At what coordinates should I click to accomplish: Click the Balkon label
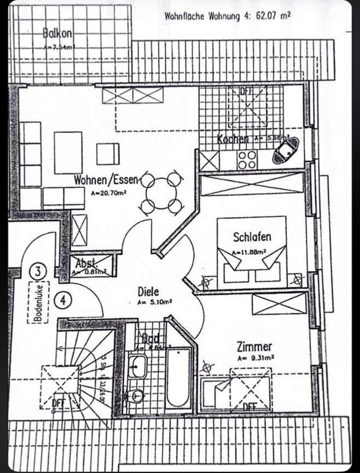click(x=58, y=34)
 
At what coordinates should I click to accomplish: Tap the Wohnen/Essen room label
click(x=107, y=179)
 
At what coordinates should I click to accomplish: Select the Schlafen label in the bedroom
click(x=252, y=237)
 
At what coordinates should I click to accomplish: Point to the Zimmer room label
click(x=253, y=347)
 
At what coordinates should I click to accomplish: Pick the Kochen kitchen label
click(x=233, y=139)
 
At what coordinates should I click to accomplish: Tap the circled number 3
click(x=38, y=270)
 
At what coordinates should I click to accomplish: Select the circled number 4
click(x=63, y=299)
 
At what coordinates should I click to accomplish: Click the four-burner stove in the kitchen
click(x=247, y=159)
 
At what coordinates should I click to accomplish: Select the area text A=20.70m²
click(x=108, y=194)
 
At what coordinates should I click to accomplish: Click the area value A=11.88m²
click(x=250, y=252)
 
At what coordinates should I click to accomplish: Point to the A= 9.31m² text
click(x=255, y=358)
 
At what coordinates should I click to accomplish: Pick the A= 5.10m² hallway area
click(x=154, y=302)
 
